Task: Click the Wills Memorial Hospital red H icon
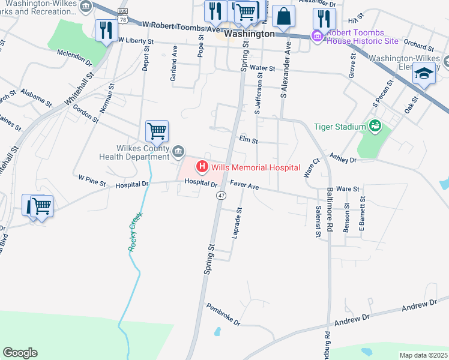[202, 166]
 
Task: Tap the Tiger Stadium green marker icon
[375, 126]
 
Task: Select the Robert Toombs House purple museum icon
[316, 36]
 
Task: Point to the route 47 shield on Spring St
[221, 196]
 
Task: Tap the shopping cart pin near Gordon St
[157, 131]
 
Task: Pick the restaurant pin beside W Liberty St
[106, 31]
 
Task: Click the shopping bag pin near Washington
[283, 16]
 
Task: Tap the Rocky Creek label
[135, 231]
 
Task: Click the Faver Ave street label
[244, 187]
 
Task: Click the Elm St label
[248, 141]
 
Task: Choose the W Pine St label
[92, 178]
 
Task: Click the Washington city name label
[249, 34]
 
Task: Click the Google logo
[20, 353]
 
